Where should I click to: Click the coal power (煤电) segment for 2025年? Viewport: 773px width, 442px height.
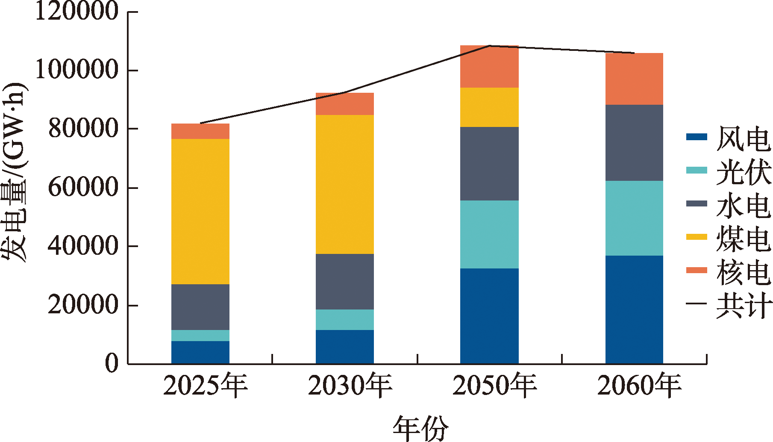(x=200, y=211)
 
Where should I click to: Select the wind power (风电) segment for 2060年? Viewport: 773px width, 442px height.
(x=634, y=309)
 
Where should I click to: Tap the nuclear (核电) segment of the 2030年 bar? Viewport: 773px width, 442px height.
(x=344, y=104)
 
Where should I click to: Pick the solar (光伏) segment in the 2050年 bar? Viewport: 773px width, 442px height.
(x=489, y=234)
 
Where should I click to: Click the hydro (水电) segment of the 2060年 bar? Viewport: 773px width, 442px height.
(x=634, y=143)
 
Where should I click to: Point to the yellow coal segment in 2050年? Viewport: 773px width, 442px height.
(x=489, y=107)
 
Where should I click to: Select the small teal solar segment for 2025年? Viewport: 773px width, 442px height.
(x=200, y=335)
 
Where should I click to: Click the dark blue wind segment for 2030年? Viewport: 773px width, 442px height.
(x=344, y=347)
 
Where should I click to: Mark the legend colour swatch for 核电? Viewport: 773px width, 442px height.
(x=697, y=270)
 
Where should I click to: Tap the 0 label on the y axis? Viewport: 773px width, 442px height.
(x=112, y=364)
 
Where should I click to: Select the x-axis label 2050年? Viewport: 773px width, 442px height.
(x=494, y=386)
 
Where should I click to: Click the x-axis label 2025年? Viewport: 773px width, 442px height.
(x=205, y=386)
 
